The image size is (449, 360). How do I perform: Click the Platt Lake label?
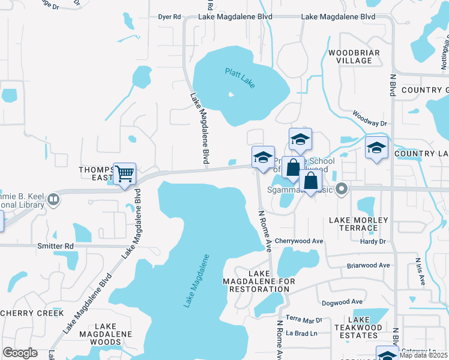240,79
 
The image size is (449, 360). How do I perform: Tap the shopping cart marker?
125,174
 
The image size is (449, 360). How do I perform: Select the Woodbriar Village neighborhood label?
354,56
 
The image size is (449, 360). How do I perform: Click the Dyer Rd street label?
169,17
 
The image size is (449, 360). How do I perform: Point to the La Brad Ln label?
300,333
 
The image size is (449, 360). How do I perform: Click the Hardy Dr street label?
372,242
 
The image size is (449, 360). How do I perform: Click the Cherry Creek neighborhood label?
32,313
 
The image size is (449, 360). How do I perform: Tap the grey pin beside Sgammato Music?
342,189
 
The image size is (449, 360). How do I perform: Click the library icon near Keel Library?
53,199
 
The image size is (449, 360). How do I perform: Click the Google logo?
20,353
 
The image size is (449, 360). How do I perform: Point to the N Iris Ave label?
419,271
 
